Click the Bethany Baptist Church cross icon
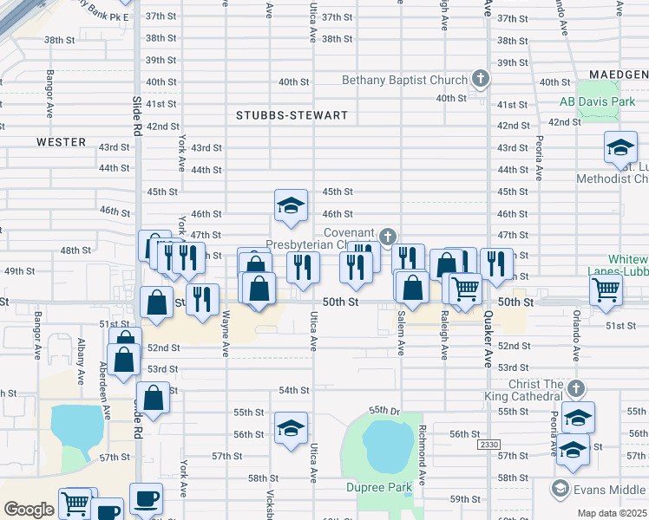coord(480,80)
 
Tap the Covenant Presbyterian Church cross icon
coord(387,236)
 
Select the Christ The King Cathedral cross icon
coord(576,387)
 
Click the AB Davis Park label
coord(597,102)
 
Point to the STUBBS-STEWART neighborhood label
coord(292,115)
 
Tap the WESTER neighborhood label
coord(61,142)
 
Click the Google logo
coord(29,510)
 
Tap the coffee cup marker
coord(145,499)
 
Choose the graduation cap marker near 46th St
coord(291,205)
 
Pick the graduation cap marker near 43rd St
coord(620,147)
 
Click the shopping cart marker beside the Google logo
coord(75,503)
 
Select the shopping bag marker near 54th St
coord(153,399)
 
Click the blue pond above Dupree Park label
coord(380,444)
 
